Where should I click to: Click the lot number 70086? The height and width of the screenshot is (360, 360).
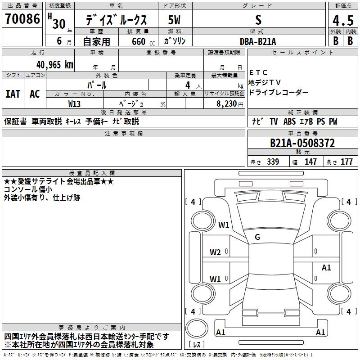[x=22, y=19]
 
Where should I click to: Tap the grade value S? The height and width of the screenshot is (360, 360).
[x=258, y=20]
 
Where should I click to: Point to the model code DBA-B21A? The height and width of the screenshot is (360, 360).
[x=258, y=41]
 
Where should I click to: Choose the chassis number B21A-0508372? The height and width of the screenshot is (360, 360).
[x=302, y=144]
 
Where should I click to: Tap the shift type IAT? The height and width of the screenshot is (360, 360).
[x=13, y=94]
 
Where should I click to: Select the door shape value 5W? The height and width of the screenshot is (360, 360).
[x=175, y=20]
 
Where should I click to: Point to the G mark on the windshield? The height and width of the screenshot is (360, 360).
[x=257, y=237]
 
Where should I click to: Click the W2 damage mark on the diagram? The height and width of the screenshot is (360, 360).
[x=215, y=252]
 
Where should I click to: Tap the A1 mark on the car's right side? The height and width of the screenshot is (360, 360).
[x=326, y=268]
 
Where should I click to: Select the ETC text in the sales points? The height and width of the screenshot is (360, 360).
[x=258, y=72]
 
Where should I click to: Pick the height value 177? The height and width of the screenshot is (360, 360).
[x=346, y=162]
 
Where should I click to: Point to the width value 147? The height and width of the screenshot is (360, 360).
[x=310, y=162]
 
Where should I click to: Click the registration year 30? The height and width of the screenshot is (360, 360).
[x=58, y=24]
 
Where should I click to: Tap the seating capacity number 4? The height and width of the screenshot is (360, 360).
[x=187, y=85]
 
